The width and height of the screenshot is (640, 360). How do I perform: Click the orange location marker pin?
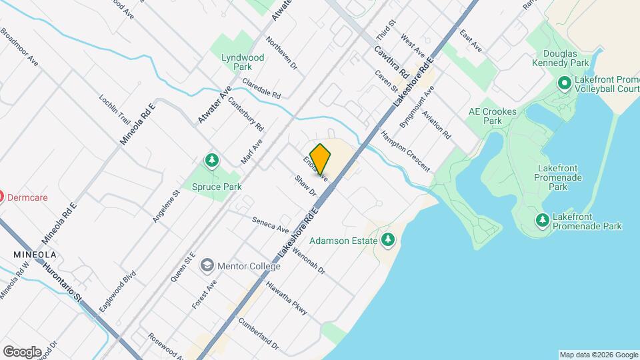(321, 159)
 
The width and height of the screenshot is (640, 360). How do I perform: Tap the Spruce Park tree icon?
(212, 160)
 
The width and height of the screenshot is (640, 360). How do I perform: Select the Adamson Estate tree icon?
(388, 240)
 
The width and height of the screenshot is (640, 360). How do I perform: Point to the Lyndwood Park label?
(243, 62)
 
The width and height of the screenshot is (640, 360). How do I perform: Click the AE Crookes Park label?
(492, 116)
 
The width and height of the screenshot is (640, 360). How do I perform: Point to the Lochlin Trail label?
(114, 108)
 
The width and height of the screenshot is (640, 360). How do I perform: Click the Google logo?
(22, 352)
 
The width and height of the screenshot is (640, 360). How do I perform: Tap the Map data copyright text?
(598, 355)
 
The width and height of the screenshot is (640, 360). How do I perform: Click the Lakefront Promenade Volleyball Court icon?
(563, 84)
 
